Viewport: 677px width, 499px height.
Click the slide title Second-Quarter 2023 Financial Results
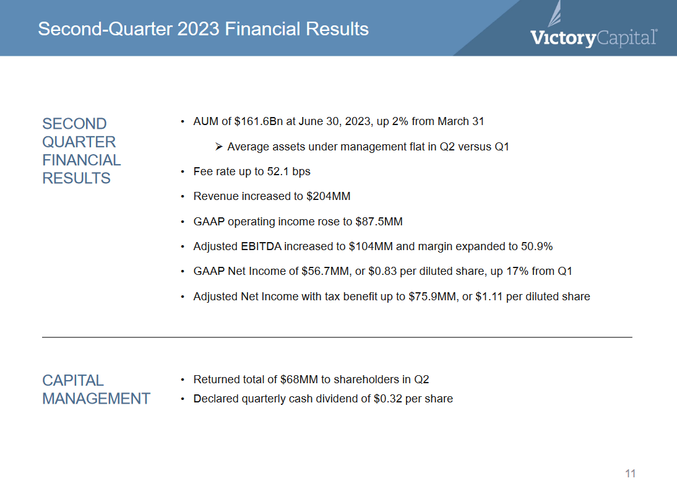(x=203, y=29)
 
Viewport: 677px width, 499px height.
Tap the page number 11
(x=630, y=474)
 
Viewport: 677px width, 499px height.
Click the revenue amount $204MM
(x=328, y=197)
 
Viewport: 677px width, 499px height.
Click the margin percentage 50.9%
(x=537, y=246)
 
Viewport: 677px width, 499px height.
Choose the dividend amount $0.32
(x=388, y=399)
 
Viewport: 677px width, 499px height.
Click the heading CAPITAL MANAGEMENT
(x=96, y=389)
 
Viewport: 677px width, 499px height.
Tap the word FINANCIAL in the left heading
(x=81, y=160)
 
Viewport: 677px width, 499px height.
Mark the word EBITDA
(x=261, y=246)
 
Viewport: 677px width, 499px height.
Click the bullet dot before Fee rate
(x=182, y=172)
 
